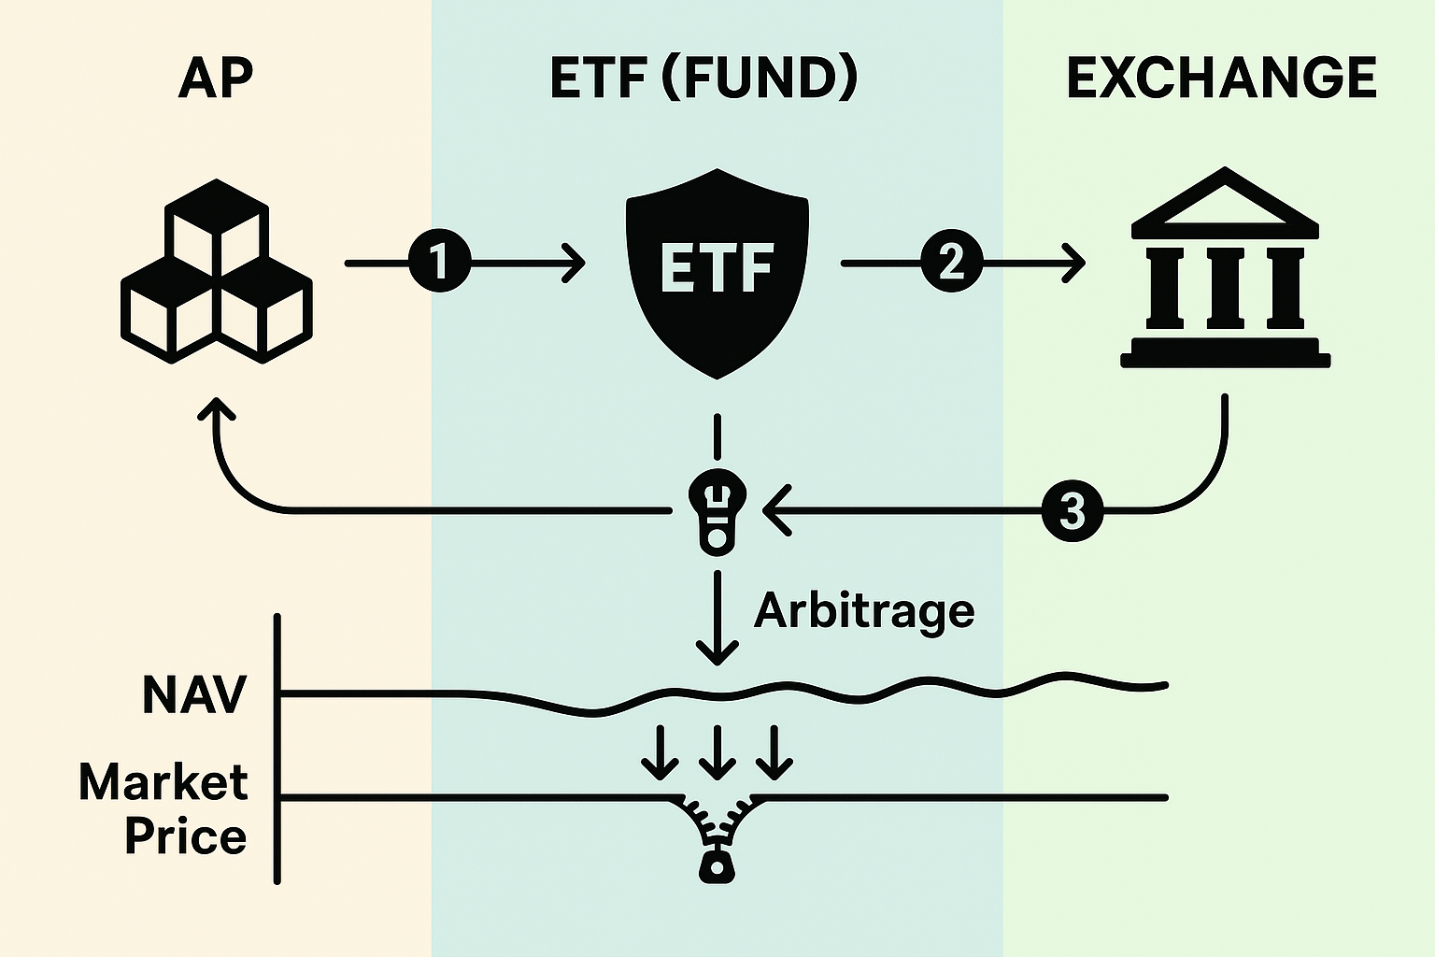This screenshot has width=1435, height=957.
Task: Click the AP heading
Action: coord(215,79)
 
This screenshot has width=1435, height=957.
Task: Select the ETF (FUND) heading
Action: coord(703,79)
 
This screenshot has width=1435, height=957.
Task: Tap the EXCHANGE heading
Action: coord(1221,79)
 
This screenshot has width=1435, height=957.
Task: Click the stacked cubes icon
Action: coord(217,271)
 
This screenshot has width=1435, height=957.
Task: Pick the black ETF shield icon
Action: coord(717,271)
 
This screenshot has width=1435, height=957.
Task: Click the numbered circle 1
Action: coord(439,263)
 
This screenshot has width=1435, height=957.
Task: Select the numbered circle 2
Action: coord(951,263)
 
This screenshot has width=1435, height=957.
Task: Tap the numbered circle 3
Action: coord(1072,511)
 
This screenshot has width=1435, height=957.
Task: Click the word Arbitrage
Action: coord(864,611)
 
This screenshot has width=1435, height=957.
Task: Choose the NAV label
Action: coord(194,694)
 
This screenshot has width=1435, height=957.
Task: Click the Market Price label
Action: coord(164,808)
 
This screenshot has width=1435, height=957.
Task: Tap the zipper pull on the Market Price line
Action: coord(717,864)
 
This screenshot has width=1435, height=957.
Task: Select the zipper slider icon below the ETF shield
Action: coord(717,512)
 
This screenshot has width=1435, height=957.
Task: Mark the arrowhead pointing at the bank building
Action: coord(1075,263)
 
